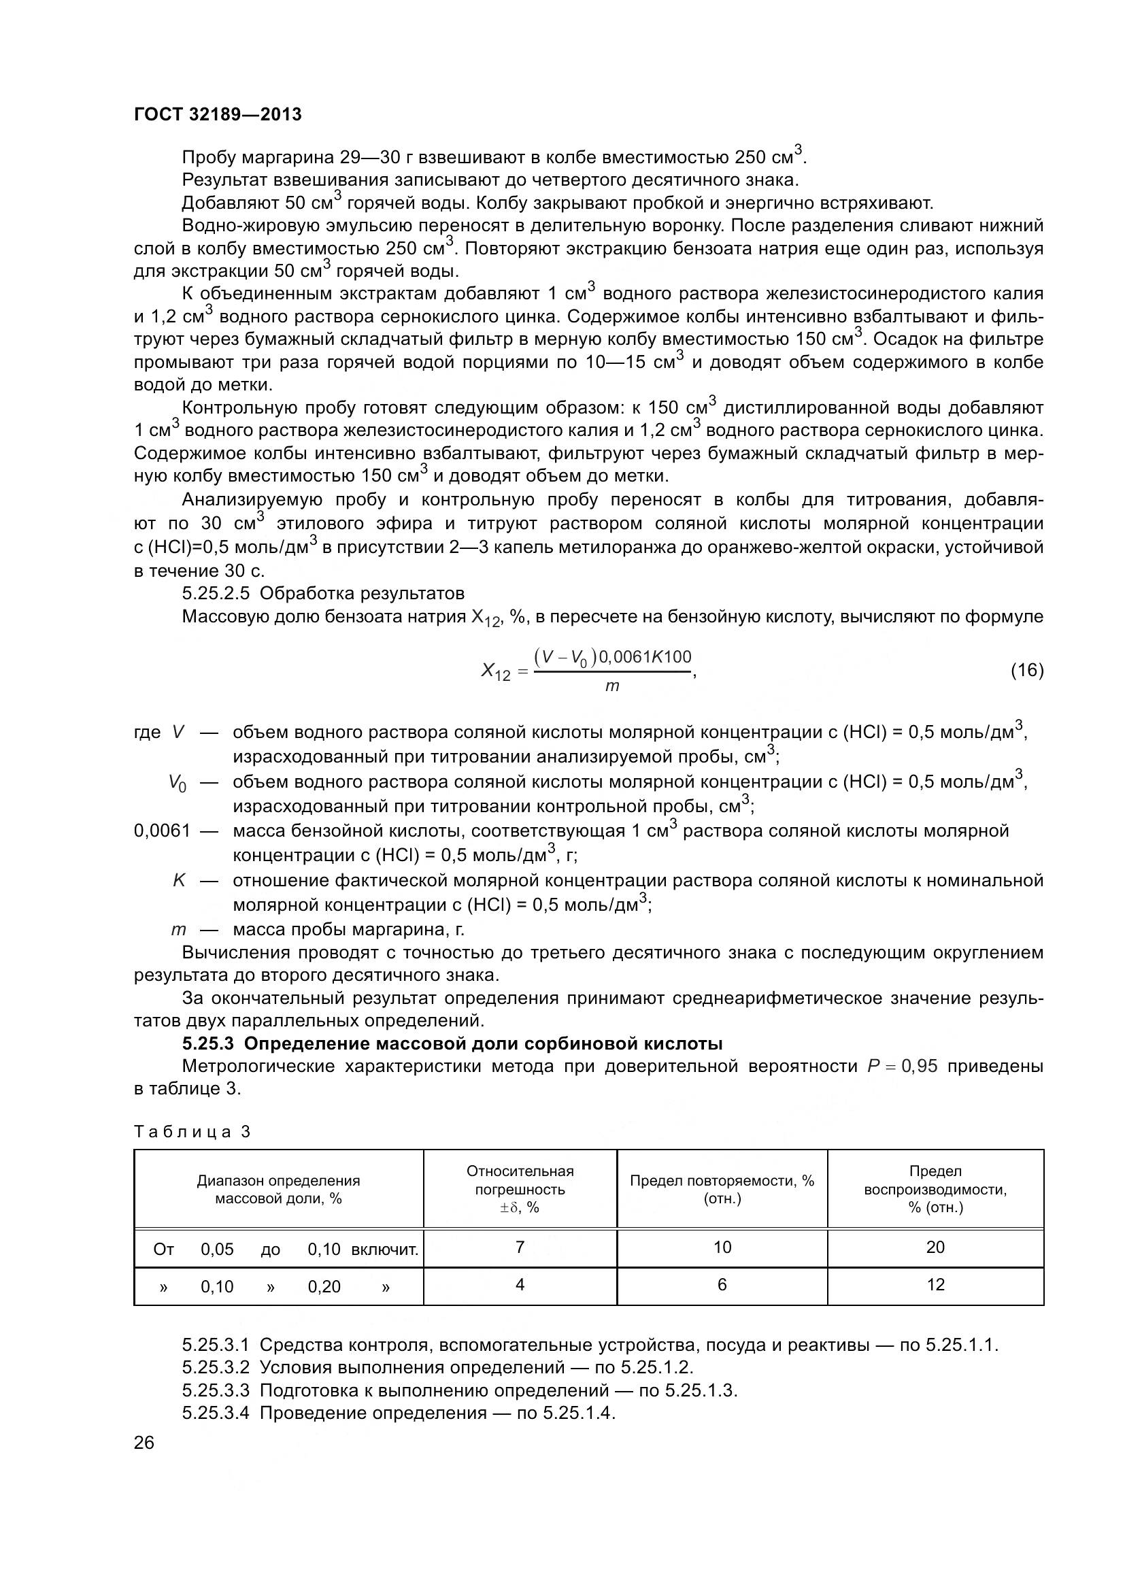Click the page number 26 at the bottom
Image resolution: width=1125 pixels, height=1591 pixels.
click(144, 1443)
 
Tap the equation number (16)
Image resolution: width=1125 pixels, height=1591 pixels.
click(1026, 670)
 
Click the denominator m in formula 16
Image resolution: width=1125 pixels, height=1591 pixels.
click(612, 686)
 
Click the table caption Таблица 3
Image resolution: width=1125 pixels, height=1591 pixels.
click(192, 1133)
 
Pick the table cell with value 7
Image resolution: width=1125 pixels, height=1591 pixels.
click(520, 1247)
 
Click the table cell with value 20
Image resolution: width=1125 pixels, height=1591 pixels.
click(935, 1247)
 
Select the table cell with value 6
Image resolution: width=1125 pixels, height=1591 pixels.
click(722, 1285)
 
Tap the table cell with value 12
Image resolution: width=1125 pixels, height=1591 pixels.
click(935, 1285)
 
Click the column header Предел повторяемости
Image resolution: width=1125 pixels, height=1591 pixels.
click(722, 1189)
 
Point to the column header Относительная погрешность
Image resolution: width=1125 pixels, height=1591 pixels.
click(520, 1189)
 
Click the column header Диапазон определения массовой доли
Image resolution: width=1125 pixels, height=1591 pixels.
click(278, 1189)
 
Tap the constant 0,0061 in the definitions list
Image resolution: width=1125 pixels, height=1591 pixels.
click(162, 831)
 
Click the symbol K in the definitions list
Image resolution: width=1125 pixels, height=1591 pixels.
click(179, 881)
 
